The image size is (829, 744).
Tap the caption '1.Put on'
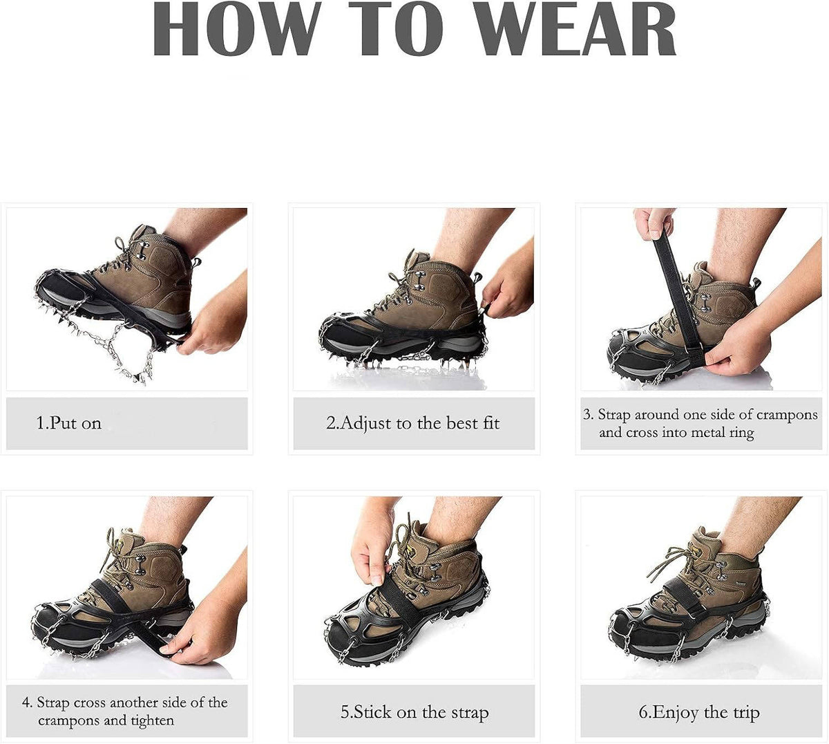[x=69, y=422]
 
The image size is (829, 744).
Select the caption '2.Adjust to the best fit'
[x=413, y=422]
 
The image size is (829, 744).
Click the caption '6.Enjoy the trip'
[x=699, y=712]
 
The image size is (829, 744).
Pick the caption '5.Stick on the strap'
[x=414, y=712]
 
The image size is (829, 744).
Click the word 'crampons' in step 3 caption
[x=786, y=415]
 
